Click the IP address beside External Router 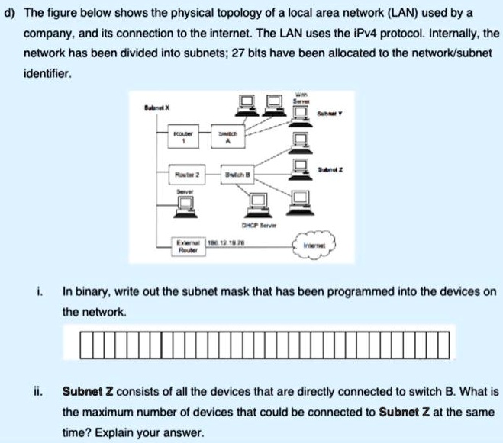(227, 241)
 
